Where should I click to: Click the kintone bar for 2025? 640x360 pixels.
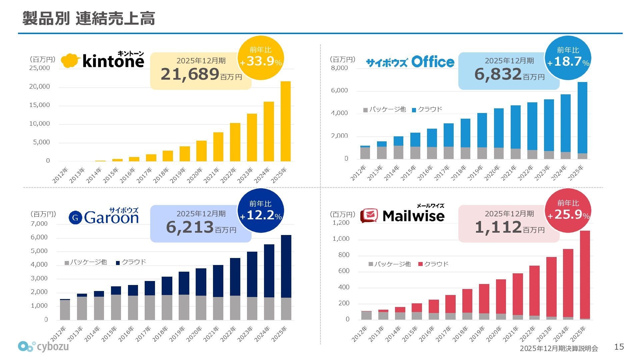tap(286, 121)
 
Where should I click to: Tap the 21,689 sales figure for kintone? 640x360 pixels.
tap(190, 74)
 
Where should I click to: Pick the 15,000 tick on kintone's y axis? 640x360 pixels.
tap(39, 105)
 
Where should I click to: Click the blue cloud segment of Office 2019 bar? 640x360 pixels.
tap(482, 130)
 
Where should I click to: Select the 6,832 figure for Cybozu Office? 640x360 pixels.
tap(498, 74)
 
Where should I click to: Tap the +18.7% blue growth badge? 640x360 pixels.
tap(568, 58)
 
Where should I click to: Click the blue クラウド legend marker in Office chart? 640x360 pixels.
tap(414, 110)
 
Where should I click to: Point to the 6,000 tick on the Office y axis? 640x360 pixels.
tap(339, 90)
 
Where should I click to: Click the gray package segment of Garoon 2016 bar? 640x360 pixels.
tap(133, 308)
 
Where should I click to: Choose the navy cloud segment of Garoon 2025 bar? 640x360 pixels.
tap(286, 266)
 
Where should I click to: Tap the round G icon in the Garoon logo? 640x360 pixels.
tap(75, 218)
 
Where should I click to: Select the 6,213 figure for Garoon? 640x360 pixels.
tap(190, 227)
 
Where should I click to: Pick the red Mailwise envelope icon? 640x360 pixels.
tap(369, 216)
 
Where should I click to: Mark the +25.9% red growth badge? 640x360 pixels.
tap(568, 211)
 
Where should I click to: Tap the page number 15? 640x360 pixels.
tap(619, 347)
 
